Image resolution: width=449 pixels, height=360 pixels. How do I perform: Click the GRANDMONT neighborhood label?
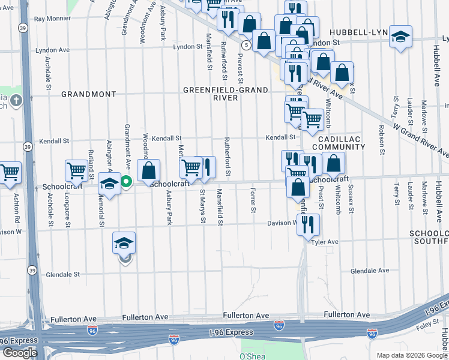click(88, 95)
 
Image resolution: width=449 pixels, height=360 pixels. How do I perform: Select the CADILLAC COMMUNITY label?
click(338, 142)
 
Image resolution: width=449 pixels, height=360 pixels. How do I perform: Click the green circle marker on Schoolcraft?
click(125, 181)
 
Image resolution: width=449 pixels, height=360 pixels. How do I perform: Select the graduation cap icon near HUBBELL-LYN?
click(400, 37)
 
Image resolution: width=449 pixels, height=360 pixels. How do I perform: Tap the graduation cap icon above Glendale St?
click(124, 244)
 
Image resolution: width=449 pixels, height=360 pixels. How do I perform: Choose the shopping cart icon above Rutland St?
click(77, 172)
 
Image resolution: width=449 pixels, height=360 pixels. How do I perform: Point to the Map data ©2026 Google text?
click(412, 355)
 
